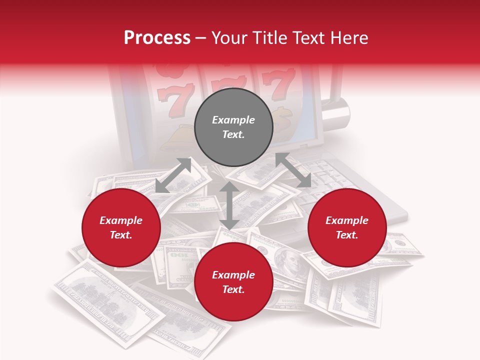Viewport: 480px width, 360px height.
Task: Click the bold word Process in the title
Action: coord(157,38)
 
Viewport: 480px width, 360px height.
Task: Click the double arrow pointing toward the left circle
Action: coord(173,175)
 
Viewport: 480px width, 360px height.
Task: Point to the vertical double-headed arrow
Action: coord(229,205)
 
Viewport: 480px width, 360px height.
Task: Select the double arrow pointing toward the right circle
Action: coord(293,170)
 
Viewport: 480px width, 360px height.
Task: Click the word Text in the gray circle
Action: coord(233,134)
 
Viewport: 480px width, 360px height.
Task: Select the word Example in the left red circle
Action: coord(121,220)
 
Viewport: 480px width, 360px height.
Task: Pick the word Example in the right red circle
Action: coord(347,220)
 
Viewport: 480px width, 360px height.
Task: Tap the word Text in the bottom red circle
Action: coord(233,289)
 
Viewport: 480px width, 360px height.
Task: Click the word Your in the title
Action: coord(229,38)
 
